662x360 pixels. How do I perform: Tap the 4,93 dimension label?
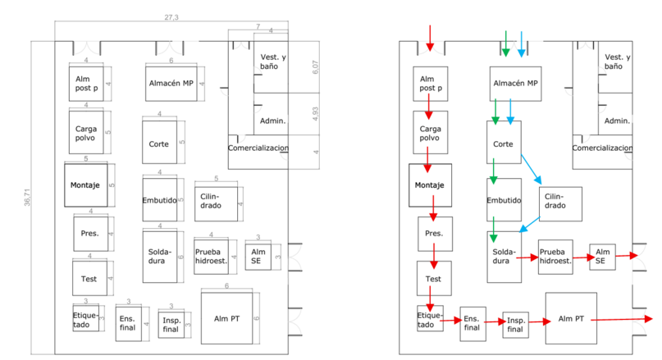[x=315, y=114]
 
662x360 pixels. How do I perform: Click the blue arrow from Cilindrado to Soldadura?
[x=529, y=225]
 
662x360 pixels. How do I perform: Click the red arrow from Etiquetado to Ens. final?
[x=450, y=321]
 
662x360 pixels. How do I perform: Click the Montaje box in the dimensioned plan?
[x=85, y=185]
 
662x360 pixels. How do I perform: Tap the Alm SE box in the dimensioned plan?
[x=259, y=255]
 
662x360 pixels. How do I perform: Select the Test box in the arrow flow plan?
[x=434, y=278]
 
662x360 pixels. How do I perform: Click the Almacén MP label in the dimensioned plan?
[x=171, y=83]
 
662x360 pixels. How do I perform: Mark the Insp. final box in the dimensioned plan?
[x=171, y=325]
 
